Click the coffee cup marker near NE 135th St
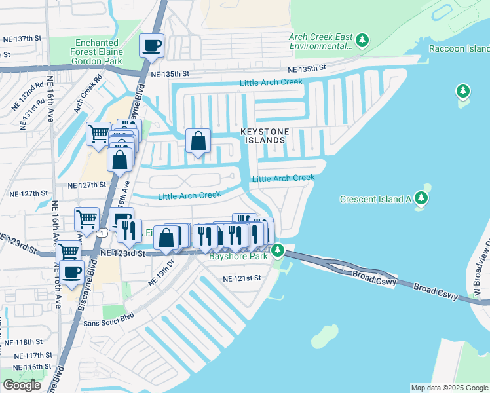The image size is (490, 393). coord(151,47)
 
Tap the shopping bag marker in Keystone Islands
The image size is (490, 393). coord(198,141)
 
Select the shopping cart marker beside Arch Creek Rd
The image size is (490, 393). coord(98,134)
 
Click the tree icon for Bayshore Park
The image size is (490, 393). coord(278,250)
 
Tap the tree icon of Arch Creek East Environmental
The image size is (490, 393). coord(362,41)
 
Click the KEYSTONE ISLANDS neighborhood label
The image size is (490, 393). coord(263,136)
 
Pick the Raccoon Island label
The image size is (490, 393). coord(459,49)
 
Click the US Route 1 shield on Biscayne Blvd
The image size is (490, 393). coord(101,233)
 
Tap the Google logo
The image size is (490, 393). coord(22,385)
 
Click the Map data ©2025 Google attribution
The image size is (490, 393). coord(449,388)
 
